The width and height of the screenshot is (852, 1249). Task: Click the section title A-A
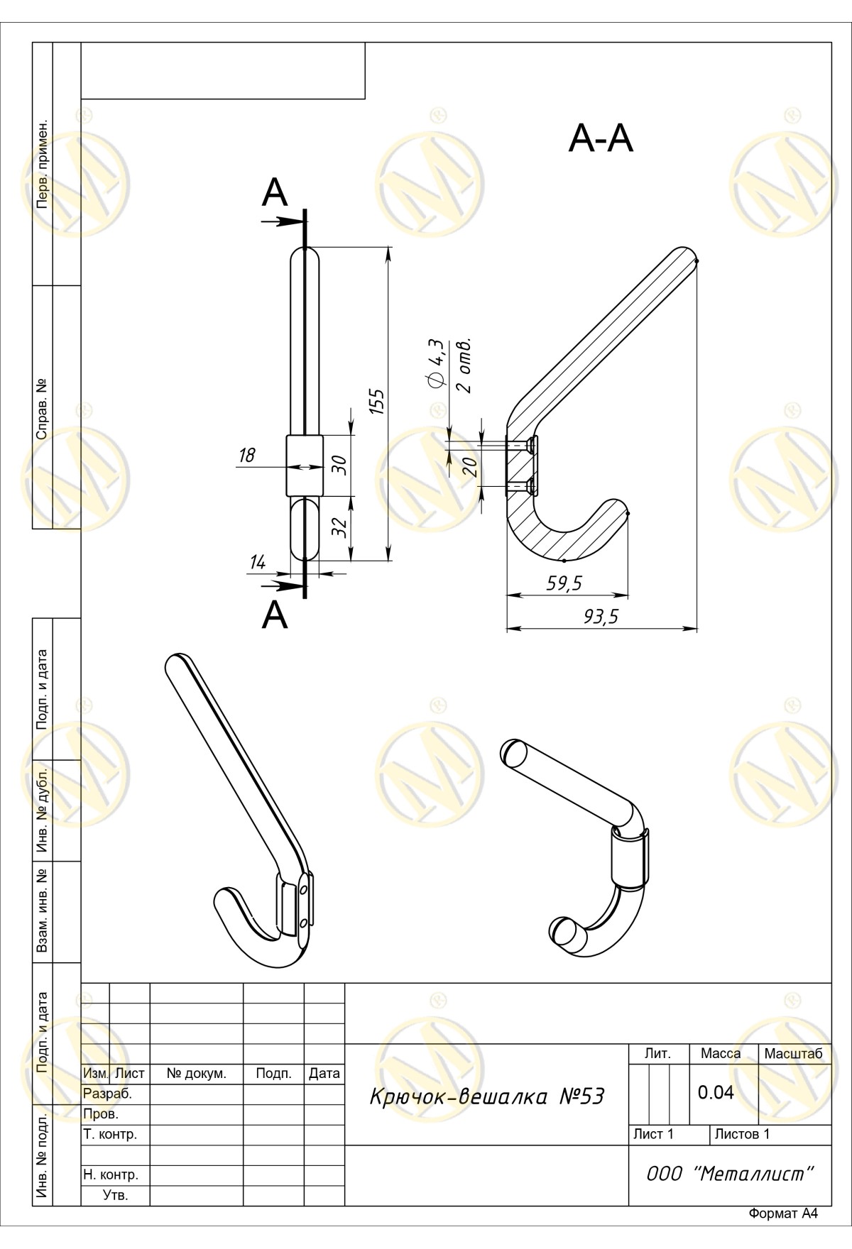(601, 139)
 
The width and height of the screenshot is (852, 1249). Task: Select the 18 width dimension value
(246, 455)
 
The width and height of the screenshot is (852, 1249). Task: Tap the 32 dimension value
(339, 527)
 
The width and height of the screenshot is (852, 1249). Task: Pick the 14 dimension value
(258, 563)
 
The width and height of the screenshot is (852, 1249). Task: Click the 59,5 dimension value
(564, 583)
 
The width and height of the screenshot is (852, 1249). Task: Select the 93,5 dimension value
(601, 617)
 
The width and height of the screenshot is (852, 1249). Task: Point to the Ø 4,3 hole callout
(437, 364)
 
